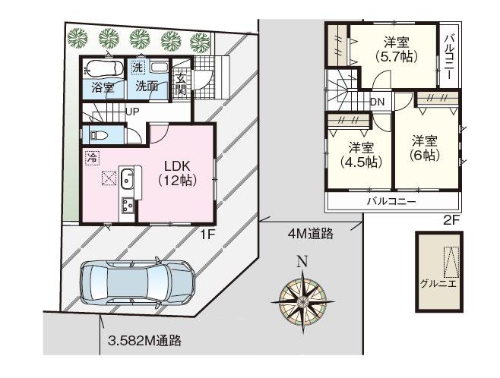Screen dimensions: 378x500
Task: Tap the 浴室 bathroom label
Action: [103, 87]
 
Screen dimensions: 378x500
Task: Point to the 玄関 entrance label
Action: [181, 84]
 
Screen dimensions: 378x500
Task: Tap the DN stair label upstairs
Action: [377, 101]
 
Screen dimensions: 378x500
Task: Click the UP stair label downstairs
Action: [132, 112]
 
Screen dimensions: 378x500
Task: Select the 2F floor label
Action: [452, 221]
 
